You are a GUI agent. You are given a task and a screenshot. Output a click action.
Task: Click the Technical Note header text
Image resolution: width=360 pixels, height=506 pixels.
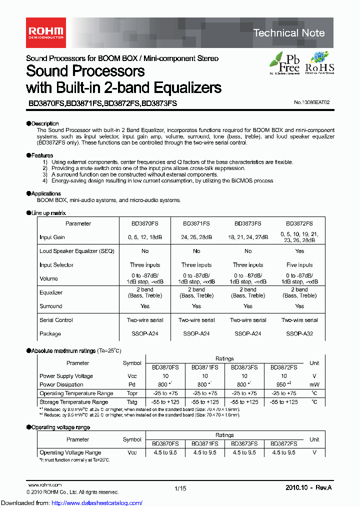tap(289, 33)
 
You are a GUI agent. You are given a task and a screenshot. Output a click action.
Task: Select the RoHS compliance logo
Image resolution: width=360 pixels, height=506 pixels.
tap(319, 63)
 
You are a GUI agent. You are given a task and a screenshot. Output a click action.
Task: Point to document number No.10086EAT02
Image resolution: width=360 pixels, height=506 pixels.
tap(311, 102)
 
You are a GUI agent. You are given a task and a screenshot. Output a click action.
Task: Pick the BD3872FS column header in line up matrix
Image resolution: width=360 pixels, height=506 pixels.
tap(299, 223)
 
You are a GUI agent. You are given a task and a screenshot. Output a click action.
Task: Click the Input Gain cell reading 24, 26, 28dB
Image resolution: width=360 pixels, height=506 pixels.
tap(196, 237)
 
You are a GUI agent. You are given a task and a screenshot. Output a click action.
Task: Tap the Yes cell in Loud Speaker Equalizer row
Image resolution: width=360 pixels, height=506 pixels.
tap(299, 251)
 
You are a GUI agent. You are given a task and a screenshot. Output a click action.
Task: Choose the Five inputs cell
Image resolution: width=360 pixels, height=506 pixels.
tap(299, 265)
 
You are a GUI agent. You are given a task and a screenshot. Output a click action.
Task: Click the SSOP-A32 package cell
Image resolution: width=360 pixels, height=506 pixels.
tap(299, 333)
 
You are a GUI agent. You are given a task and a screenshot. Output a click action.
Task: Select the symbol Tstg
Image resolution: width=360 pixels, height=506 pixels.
tap(132, 402)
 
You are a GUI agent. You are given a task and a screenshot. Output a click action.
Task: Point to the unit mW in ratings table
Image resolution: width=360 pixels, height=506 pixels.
tap(314, 384)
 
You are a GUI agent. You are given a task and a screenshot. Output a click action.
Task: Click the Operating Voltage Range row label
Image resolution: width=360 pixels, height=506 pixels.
tap(70, 452)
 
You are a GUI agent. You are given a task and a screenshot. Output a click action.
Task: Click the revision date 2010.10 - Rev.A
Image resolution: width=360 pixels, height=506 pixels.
tap(308, 487)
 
